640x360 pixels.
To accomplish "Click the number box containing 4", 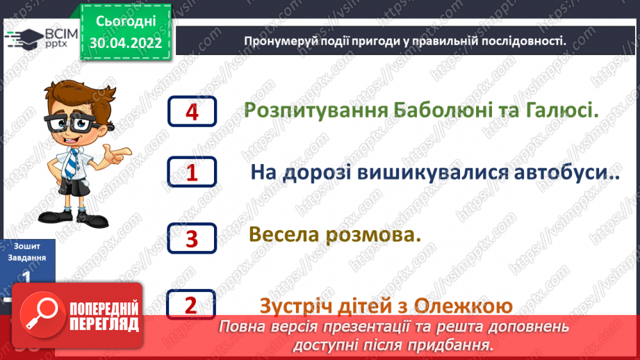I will click(x=192, y=111).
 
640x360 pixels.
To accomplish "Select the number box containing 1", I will click(x=192, y=172).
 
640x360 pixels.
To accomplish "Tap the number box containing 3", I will click(x=192, y=238).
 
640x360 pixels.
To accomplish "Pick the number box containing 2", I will click(x=192, y=304).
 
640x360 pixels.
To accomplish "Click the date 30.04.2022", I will click(x=126, y=43).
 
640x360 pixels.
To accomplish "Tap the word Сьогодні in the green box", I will click(x=126, y=22).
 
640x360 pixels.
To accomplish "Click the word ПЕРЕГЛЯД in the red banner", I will click(x=104, y=324).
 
